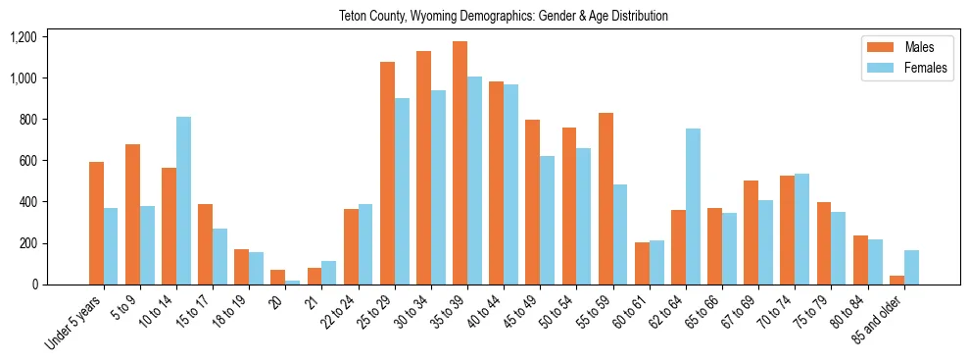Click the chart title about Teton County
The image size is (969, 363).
point(503,16)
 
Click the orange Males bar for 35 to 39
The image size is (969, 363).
point(460,163)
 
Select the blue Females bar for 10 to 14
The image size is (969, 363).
point(183,201)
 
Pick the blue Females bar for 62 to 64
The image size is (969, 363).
point(692,207)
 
